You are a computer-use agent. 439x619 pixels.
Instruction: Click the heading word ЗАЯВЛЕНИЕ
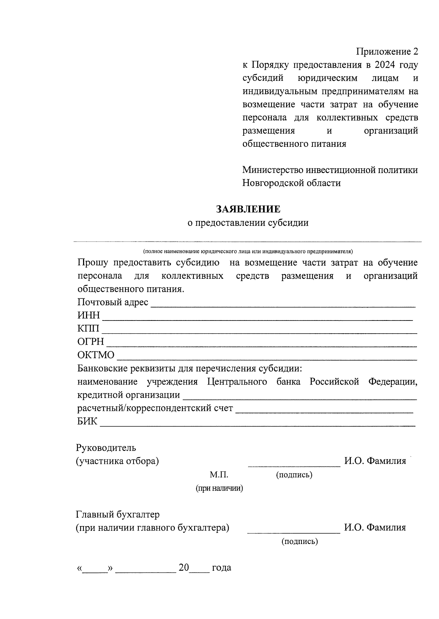(x=248, y=209)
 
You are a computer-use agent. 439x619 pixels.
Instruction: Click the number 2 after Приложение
(x=415, y=52)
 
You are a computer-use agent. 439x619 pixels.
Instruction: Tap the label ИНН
(x=88, y=315)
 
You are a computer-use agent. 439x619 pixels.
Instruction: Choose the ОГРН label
(x=91, y=342)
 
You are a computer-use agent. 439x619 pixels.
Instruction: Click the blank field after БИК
(x=258, y=423)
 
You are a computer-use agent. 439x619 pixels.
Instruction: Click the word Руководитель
(x=106, y=447)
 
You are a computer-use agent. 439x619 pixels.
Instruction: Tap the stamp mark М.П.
(x=219, y=475)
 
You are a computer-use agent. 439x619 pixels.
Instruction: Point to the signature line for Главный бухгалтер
(x=294, y=531)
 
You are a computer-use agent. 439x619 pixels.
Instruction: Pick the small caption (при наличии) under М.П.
(x=219, y=488)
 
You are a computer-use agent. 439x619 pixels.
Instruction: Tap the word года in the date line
(x=221, y=568)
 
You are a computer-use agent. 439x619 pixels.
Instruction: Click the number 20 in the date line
(x=184, y=568)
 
